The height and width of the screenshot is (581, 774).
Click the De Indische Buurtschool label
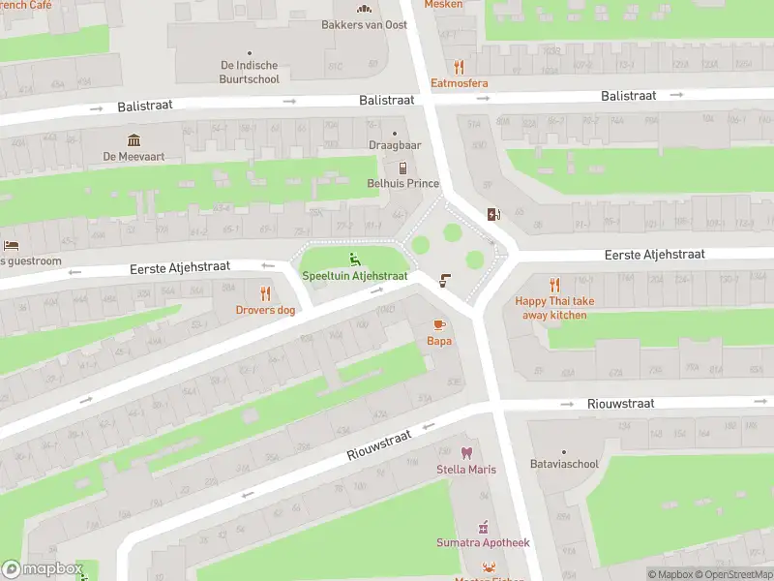tap(250, 73)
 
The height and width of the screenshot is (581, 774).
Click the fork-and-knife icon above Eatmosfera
tap(459, 67)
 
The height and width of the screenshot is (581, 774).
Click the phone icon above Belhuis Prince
tap(402, 168)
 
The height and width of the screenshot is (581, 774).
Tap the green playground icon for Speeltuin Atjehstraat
tap(354, 259)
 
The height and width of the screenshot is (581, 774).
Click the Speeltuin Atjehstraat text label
tap(354, 276)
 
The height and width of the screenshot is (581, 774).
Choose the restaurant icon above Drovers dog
tap(265, 293)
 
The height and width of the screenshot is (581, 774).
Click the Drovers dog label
tap(265, 310)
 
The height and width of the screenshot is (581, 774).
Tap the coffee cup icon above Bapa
tap(438, 324)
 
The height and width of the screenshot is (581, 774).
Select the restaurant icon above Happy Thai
tap(554, 285)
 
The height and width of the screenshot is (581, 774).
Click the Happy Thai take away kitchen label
tap(554, 308)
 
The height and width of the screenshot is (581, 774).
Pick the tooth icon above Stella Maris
tap(466, 453)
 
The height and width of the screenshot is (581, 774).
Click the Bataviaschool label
tap(564, 464)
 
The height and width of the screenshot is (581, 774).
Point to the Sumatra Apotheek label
tap(483, 543)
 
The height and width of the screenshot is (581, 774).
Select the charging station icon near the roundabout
tap(495, 215)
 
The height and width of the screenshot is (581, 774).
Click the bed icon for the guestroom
tap(11, 245)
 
